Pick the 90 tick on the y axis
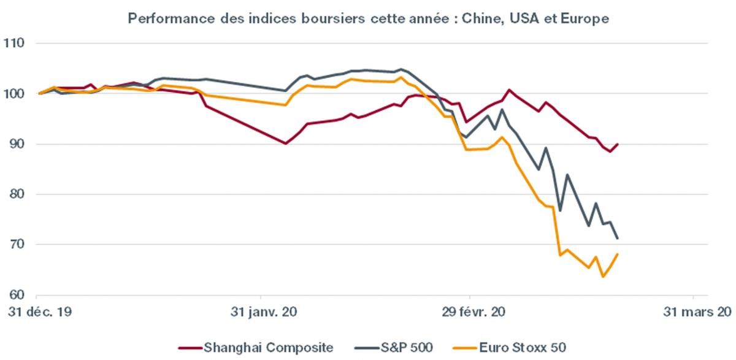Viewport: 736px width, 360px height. pos(15,144)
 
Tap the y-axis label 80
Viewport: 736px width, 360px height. pos(15,194)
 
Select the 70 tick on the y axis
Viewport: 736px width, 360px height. pos(15,245)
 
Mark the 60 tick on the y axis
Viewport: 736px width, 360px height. pos(15,295)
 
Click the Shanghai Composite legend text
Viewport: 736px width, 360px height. pos(269,348)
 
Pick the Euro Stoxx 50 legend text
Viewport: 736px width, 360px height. pos(537,348)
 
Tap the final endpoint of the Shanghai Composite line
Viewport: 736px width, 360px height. pos(618,144)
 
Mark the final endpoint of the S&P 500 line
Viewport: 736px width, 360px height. pos(618,239)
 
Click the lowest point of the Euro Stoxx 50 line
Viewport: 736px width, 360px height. pos(603,277)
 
